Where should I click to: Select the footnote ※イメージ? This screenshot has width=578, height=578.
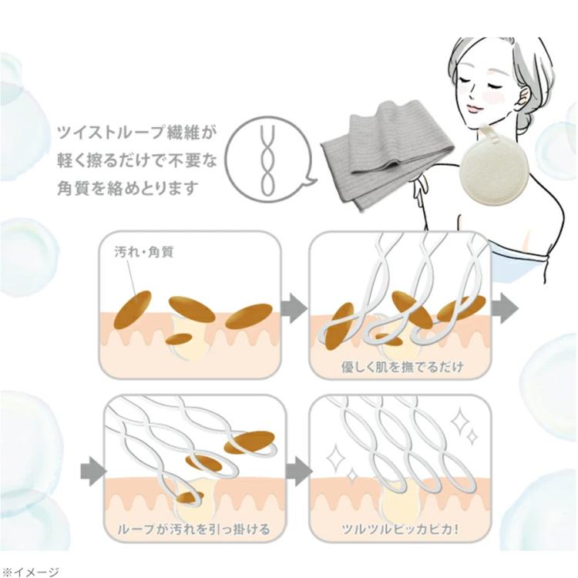[30, 570]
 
